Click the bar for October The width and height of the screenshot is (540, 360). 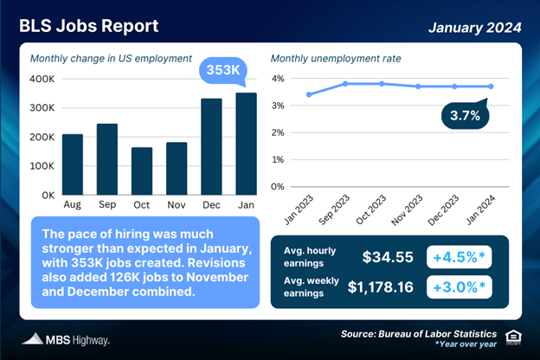[142, 170]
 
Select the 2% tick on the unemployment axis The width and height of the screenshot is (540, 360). [278, 132]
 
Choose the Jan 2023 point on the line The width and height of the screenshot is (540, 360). [309, 94]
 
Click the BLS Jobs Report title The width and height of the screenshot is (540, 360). [92, 26]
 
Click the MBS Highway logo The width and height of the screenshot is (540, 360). [65, 339]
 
